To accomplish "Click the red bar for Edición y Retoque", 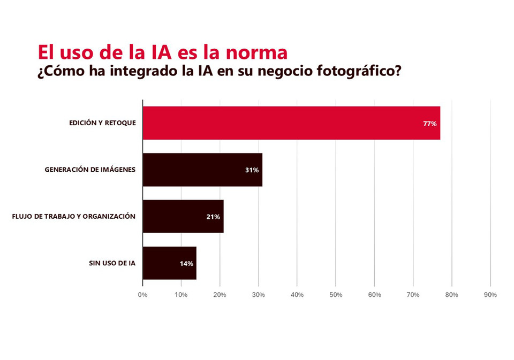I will coord(291,123).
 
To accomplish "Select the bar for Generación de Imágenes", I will coord(202,170).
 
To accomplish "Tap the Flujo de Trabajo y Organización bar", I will coord(183,217).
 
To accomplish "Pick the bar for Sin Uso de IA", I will coord(169,263).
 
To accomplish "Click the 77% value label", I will coord(429,124).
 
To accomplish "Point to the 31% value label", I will coord(252,170).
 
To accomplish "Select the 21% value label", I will coord(213,217).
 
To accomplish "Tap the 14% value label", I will coord(186,264).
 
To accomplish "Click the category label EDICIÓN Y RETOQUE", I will coord(102,123).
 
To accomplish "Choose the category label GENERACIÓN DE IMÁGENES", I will coord(90,170).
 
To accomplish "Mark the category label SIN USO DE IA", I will coord(112,263).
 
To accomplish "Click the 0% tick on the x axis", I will coord(142,295).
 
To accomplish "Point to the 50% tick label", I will coord(336,295).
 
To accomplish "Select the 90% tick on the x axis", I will coord(490,295).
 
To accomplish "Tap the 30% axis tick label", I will coord(259,295).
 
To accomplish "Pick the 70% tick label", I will coord(413,295).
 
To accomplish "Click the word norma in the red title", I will coord(256,52).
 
